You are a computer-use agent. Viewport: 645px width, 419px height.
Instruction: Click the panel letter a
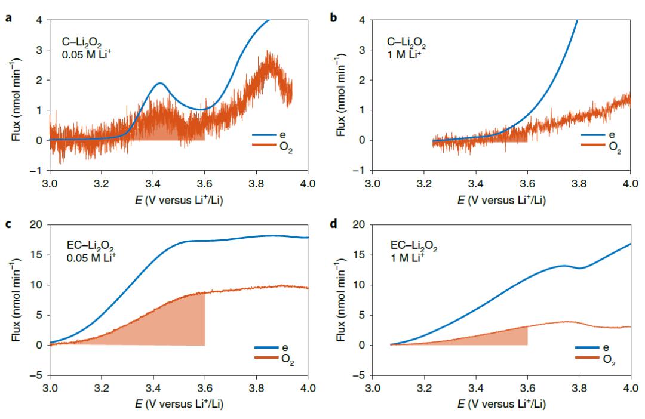pos(8,8)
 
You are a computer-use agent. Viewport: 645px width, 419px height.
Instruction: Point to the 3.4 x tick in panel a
pos(153,182)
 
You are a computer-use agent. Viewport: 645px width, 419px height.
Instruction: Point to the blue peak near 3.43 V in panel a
pos(160,83)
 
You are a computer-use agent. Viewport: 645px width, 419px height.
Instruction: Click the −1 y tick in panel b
pos(361,171)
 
